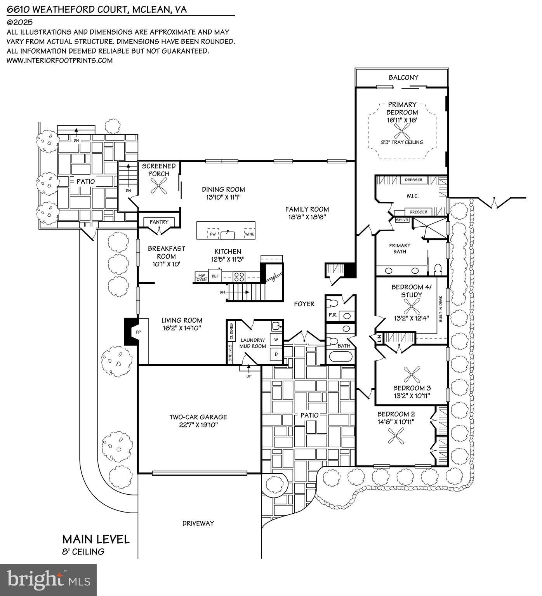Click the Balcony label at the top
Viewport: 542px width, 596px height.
[x=403, y=77]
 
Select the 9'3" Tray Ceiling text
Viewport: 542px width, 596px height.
[x=402, y=142]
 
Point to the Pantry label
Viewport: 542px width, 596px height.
[x=159, y=222]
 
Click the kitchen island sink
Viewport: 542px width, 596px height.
[x=226, y=234]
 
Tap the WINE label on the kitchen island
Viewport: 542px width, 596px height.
[x=249, y=234]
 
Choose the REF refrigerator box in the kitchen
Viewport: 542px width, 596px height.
[x=215, y=276]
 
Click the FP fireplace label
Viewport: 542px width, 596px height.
[x=138, y=332]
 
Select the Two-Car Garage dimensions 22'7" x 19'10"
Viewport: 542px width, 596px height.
[x=198, y=425]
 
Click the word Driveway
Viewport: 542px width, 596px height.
[x=198, y=523]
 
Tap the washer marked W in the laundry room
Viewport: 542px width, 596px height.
[x=276, y=339]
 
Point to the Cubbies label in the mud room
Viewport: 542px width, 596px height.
[x=231, y=330]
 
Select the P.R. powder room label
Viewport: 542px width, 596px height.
[x=333, y=315]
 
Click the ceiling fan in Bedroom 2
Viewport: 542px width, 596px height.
[x=397, y=438]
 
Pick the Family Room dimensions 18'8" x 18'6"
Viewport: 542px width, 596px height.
[x=307, y=217]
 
